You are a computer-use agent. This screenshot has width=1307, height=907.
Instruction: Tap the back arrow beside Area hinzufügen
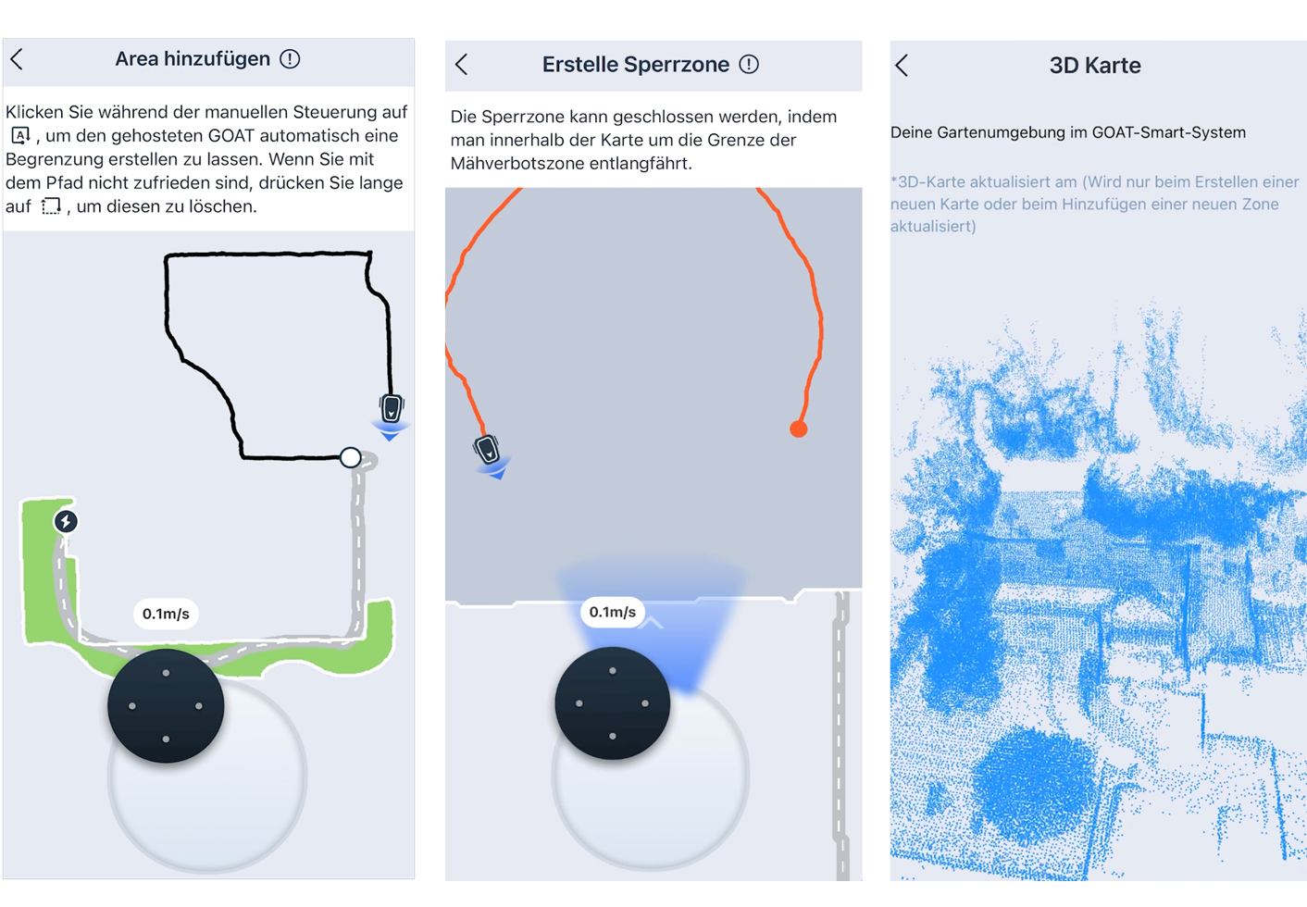[x=17, y=59]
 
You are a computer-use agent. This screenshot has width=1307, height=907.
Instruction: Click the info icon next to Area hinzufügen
[x=290, y=59]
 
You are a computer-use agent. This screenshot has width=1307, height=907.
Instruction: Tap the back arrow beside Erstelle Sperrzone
[x=462, y=64]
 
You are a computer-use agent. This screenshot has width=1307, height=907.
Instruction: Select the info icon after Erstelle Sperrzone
[x=749, y=64]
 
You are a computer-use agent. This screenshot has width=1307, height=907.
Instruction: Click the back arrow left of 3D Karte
[x=902, y=66]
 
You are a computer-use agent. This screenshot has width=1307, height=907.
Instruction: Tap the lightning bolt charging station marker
[x=66, y=521]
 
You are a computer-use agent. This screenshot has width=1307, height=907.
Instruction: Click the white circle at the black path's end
[x=350, y=457]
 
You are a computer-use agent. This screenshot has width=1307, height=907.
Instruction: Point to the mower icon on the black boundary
[x=392, y=408]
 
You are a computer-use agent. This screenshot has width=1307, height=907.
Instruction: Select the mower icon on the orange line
[x=487, y=449]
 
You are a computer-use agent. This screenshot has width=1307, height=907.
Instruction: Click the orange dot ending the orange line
[x=798, y=429]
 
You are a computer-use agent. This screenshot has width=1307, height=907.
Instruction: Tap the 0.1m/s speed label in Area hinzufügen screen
[x=166, y=614]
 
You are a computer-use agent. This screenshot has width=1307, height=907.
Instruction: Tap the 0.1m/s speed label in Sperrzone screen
[x=612, y=612]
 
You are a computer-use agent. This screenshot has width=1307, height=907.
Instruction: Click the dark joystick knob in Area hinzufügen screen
[x=166, y=706]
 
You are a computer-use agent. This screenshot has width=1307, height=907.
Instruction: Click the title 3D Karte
[x=1095, y=66]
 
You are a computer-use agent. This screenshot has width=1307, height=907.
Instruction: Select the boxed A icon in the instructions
[x=20, y=136]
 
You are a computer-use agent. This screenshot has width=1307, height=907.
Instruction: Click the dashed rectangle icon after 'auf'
[x=51, y=206]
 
